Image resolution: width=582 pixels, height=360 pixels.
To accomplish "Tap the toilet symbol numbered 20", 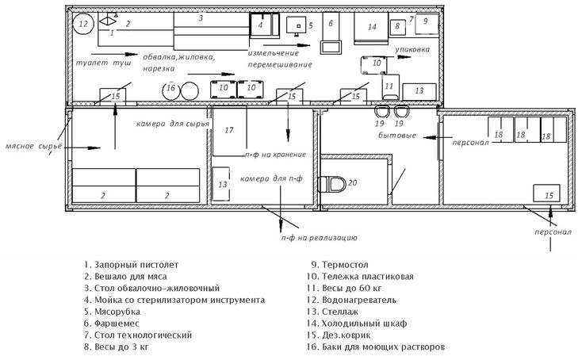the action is point(331,184).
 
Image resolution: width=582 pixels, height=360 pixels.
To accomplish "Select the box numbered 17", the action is point(229,131).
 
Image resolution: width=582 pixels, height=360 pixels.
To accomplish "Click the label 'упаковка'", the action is point(412,49).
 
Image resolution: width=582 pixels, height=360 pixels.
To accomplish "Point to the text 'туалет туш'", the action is point(104,63).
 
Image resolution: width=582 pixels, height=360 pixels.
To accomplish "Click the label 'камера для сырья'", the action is point(173,124).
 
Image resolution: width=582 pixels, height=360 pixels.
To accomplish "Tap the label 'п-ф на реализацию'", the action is point(319,238).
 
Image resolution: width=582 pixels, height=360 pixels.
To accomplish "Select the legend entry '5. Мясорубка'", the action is point(112,312).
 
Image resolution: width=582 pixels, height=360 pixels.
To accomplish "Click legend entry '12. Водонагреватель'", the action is point(351,300).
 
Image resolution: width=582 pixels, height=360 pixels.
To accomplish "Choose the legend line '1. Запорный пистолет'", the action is point(132,265).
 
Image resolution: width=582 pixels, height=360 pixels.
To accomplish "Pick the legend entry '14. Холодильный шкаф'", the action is point(357,324).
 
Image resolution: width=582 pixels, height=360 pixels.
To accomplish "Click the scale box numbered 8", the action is point(397,27).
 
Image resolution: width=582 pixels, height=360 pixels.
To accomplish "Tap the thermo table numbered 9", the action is point(427,24).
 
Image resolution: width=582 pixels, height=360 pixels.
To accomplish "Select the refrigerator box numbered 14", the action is point(371,28).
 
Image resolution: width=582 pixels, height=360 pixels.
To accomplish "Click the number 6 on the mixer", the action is point(331,23).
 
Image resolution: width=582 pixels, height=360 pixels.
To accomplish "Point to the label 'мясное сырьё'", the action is point(34,146).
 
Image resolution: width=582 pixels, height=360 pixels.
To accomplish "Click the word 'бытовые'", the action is point(397,136).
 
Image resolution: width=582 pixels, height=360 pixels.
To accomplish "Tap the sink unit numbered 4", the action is point(264,25).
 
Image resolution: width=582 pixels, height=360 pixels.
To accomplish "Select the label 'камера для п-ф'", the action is point(271,179).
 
